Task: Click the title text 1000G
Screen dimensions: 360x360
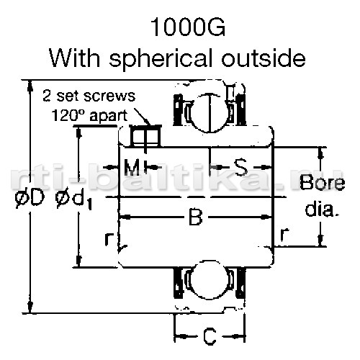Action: (187, 27)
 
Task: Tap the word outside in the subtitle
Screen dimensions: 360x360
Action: (264, 58)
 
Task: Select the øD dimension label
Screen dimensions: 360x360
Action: (30, 197)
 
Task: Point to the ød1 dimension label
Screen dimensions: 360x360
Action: (74, 200)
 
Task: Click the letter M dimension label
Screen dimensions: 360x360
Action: (132, 167)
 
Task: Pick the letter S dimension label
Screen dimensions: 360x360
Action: (240, 167)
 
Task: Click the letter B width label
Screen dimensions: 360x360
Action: (196, 217)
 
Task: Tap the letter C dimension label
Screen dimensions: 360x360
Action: (210, 336)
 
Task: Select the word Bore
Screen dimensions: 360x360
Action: (323, 182)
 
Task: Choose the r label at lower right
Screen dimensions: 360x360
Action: (284, 235)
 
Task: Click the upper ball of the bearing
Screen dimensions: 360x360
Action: (210, 112)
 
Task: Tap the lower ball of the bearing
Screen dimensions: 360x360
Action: (210, 280)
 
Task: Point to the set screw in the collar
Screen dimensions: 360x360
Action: (145, 136)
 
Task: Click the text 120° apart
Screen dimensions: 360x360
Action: (89, 115)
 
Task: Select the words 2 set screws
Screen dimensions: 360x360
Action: (89, 96)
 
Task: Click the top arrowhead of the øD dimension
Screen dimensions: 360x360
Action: (30, 85)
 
